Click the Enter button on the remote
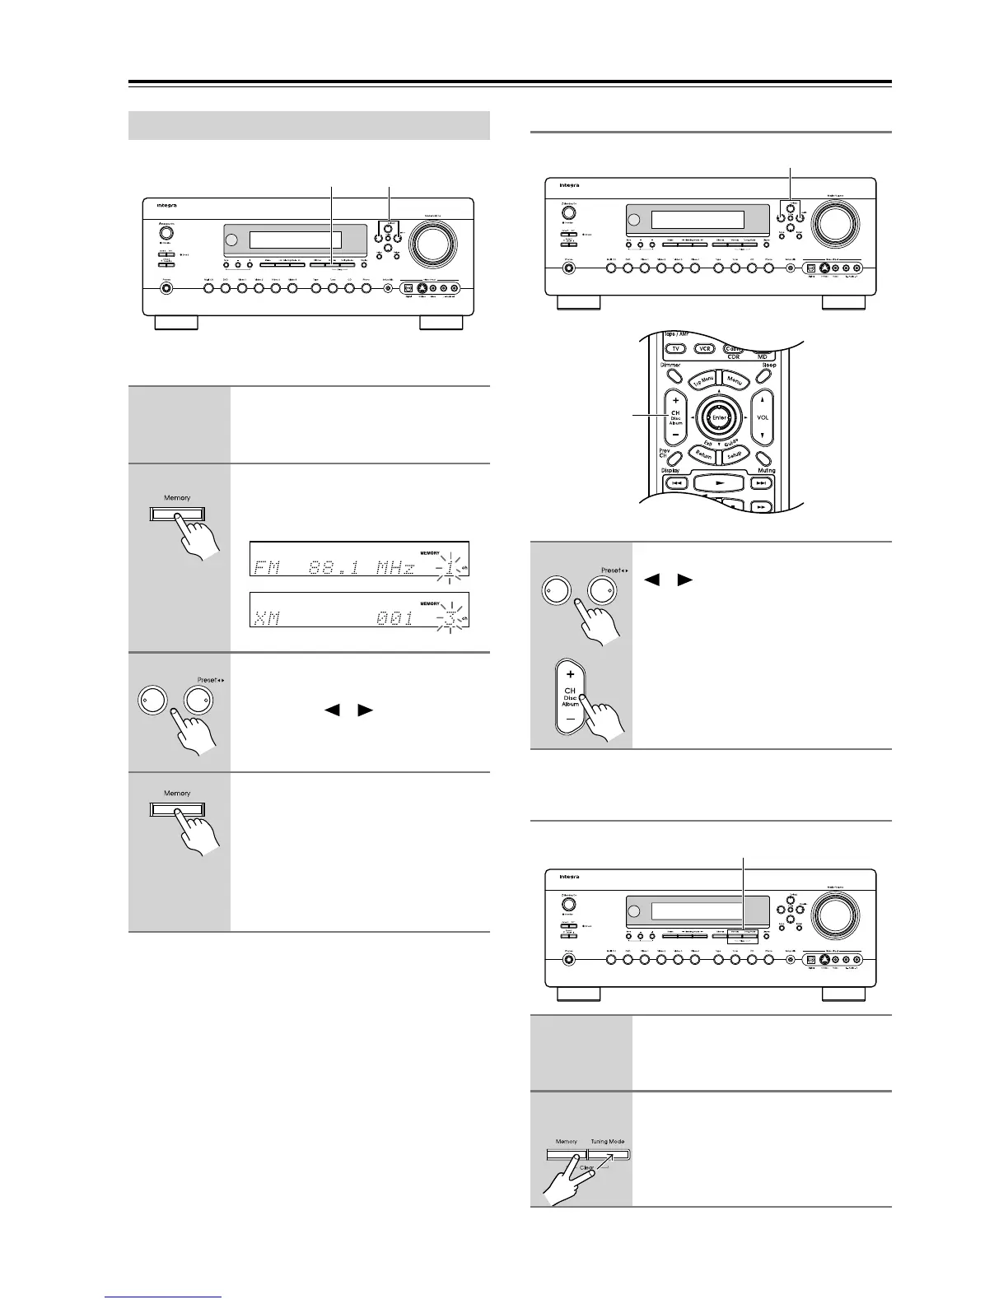719,418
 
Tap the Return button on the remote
702,454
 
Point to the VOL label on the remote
763,417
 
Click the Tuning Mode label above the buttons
607,1142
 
